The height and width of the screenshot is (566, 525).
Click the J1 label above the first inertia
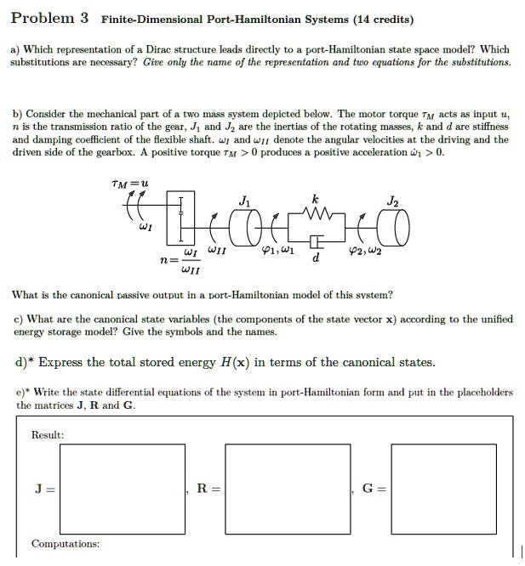click(x=245, y=201)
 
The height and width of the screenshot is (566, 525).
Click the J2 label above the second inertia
click(x=391, y=201)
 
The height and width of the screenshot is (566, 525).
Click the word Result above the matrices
click(x=48, y=434)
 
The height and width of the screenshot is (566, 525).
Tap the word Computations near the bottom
click(x=65, y=543)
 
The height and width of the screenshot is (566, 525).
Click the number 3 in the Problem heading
click(x=83, y=18)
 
